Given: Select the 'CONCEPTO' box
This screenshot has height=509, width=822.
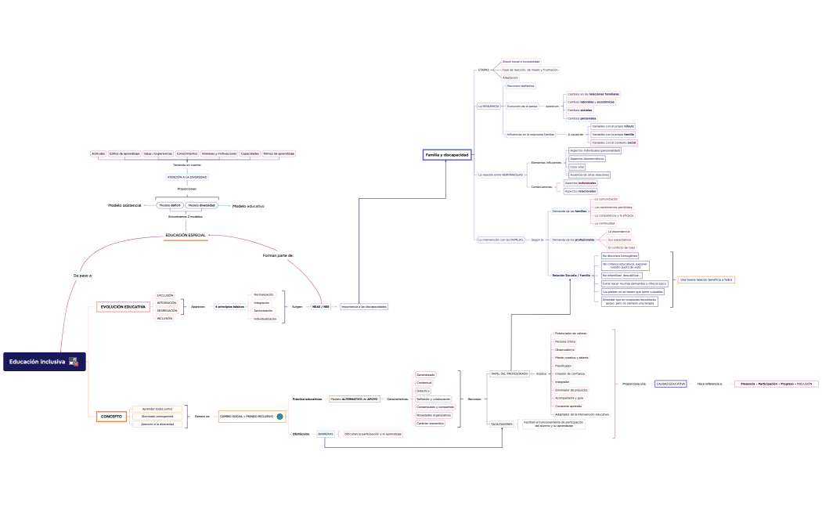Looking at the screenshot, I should [111, 417].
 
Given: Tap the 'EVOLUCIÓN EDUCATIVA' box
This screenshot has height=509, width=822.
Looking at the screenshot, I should [123, 306].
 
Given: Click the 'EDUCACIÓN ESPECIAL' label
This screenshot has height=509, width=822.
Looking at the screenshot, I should [186, 235].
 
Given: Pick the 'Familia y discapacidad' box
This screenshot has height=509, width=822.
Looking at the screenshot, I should [446, 155].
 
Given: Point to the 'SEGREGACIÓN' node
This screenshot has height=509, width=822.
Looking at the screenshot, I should [167, 311].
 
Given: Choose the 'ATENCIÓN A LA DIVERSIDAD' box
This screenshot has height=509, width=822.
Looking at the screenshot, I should [187, 177].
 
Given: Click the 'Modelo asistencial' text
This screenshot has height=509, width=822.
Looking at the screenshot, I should [124, 205].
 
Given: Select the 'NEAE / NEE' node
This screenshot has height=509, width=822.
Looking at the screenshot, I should [321, 307].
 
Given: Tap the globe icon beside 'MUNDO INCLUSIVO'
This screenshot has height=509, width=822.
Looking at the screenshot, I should [279, 417].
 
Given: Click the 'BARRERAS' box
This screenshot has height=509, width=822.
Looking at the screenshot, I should [326, 434].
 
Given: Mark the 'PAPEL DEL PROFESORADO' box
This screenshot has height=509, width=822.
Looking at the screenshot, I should [509, 374].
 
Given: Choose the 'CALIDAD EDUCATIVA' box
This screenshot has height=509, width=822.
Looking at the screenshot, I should [671, 384].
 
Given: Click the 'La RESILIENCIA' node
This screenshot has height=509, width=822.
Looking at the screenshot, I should [489, 106].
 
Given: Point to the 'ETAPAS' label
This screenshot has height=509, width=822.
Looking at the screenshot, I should [483, 70].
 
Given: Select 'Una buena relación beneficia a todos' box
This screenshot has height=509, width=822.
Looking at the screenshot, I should [706, 279].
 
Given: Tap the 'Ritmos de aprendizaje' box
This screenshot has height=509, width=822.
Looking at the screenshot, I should [279, 153].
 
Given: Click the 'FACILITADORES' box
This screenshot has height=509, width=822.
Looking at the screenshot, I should [501, 424].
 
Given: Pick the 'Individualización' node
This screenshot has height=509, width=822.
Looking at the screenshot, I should [265, 319].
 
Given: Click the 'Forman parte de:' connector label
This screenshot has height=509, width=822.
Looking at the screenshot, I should [278, 255].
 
